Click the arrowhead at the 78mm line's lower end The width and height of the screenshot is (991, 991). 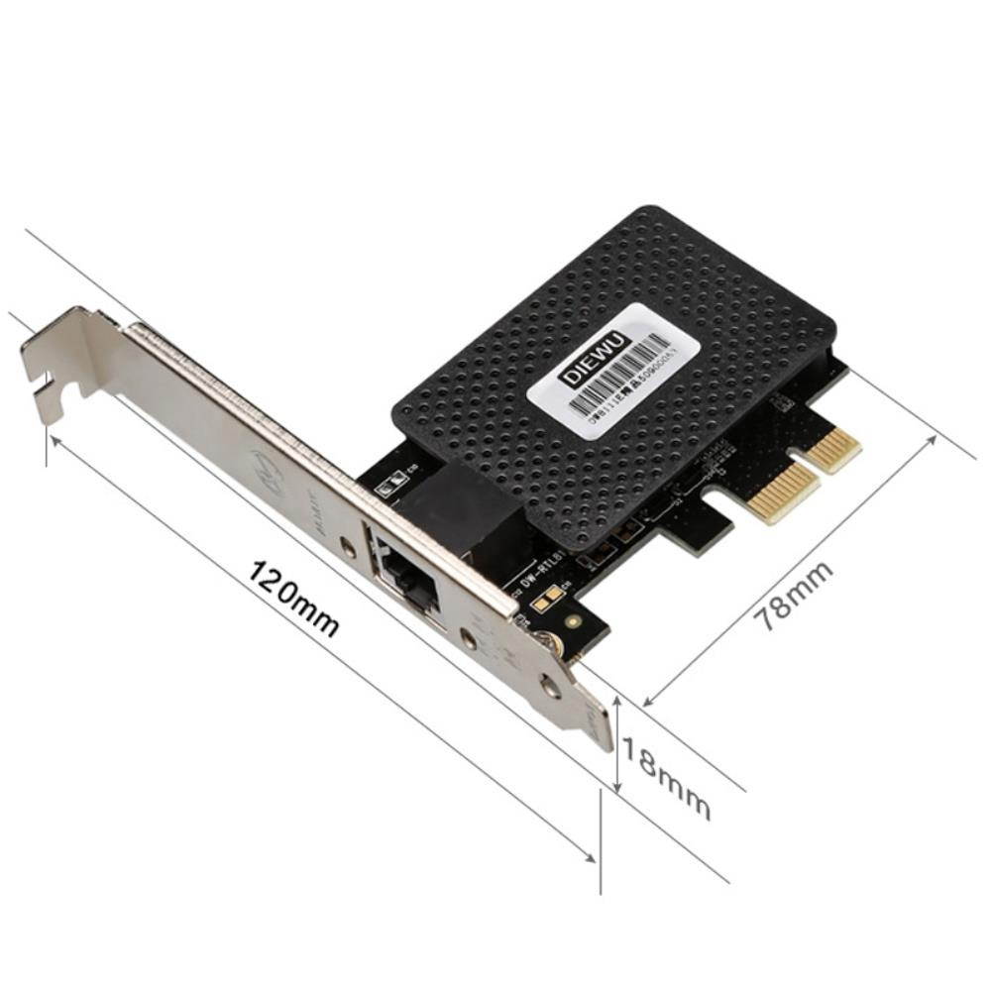click(x=649, y=701)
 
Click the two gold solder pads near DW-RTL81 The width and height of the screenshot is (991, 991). click(x=544, y=599)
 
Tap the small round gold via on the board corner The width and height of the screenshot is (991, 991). click(x=574, y=623)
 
